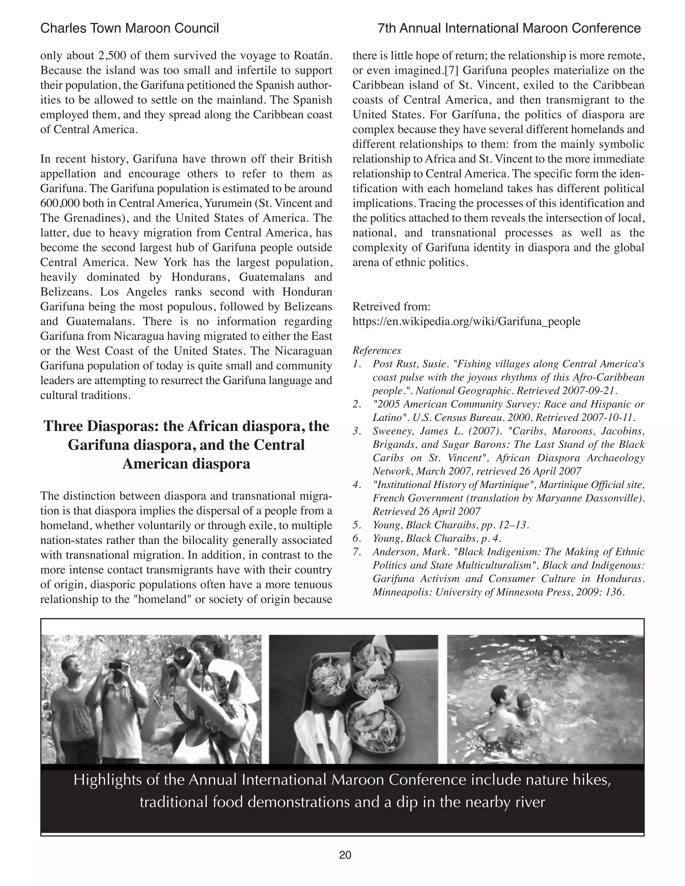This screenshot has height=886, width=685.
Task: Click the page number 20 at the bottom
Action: [x=345, y=855]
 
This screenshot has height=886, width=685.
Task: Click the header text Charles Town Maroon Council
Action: [x=129, y=28]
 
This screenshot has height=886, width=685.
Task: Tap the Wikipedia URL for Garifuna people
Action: [x=466, y=321]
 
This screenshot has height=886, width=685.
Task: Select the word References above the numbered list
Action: [x=377, y=350]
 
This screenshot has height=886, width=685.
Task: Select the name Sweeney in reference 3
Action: [x=390, y=431]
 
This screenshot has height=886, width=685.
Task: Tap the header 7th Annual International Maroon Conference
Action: [x=509, y=28]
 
